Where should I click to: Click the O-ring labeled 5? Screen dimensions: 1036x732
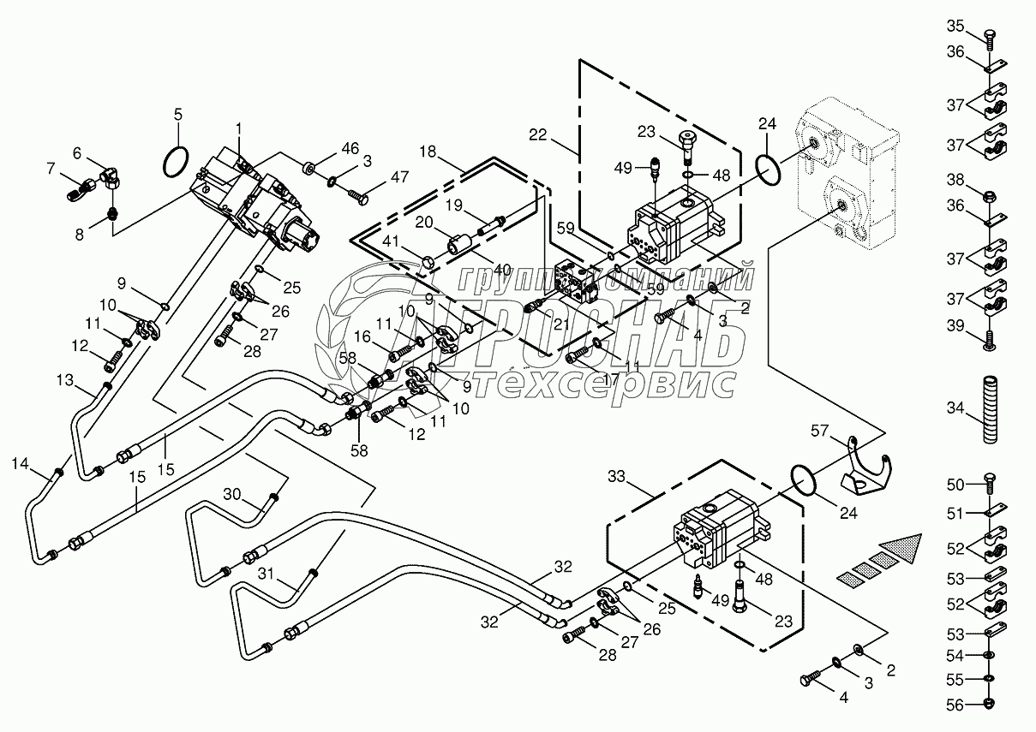click(176, 161)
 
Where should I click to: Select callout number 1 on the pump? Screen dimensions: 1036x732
click(239, 129)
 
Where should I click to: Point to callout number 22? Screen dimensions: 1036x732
click(538, 135)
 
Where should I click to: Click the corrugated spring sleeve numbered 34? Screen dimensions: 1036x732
click(990, 410)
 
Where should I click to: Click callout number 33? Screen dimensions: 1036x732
click(616, 477)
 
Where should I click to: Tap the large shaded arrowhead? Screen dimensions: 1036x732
click(901, 549)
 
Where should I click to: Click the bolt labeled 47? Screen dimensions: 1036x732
click(359, 195)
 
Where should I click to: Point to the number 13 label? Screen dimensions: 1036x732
click(65, 380)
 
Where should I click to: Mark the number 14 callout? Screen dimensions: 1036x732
click(20, 463)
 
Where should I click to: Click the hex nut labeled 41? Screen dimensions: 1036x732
click(428, 264)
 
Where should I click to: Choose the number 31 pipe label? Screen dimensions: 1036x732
click(266, 574)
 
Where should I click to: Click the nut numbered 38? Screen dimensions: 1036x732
click(990, 196)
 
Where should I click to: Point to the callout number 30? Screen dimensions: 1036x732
click(232, 494)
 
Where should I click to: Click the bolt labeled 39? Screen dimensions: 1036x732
click(990, 341)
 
